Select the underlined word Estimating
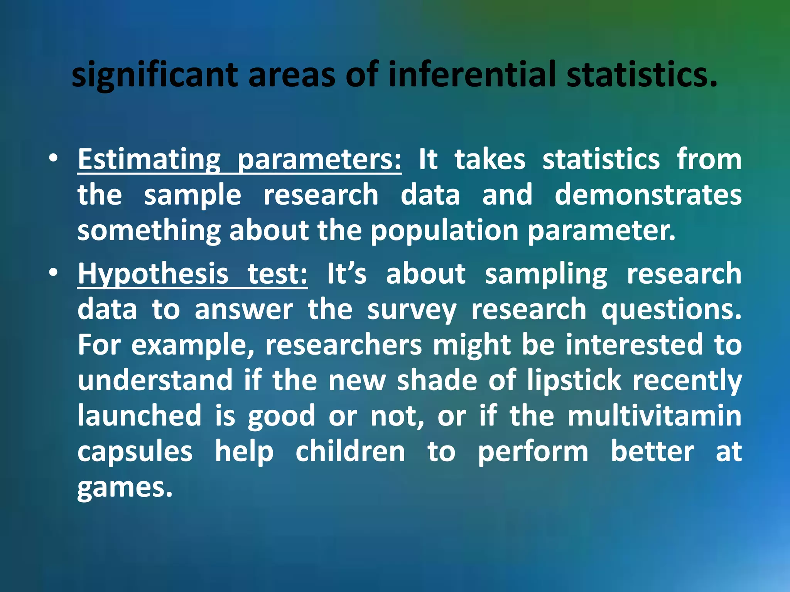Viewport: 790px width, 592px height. pyautogui.click(x=149, y=160)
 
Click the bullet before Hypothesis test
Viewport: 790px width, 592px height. pyautogui.click(x=54, y=272)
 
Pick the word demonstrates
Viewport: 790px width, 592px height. pyautogui.click(x=648, y=195)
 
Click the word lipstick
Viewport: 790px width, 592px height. pyautogui.click(x=574, y=381)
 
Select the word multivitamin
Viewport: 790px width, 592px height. pyautogui.click(x=655, y=416)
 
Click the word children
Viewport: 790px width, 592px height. pyautogui.click(x=350, y=452)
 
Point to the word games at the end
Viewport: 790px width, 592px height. pyautogui.click(x=124, y=488)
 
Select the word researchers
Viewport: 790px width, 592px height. pyautogui.click(x=343, y=345)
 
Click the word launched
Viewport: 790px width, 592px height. pyautogui.click(x=139, y=416)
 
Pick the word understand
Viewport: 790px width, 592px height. pyautogui.click(x=155, y=381)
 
